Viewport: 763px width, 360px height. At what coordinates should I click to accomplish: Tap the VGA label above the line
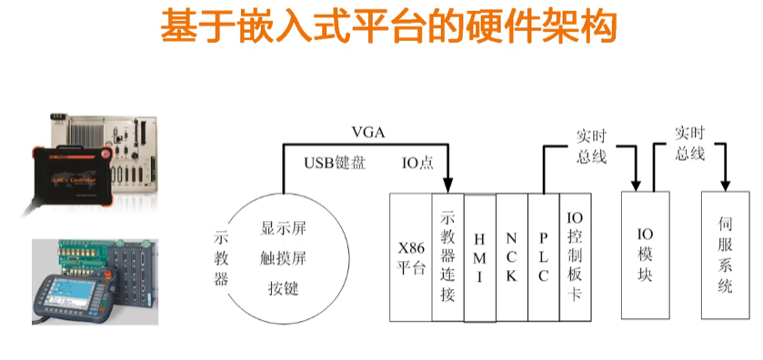point(368,133)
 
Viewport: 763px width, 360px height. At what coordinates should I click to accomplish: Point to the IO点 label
point(417,163)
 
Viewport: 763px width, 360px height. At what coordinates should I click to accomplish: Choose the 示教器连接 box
point(447,256)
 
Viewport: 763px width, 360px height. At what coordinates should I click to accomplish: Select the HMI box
point(479,256)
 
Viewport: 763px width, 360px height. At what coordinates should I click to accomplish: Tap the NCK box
point(511,256)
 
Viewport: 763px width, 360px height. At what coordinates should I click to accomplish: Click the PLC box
point(543,256)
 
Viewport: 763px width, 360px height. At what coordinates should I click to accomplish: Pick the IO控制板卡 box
point(575,256)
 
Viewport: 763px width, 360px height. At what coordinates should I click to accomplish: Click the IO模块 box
point(645,255)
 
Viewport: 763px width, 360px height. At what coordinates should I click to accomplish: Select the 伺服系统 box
point(725,255)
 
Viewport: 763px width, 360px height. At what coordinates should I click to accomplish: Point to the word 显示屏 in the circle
point(283,228)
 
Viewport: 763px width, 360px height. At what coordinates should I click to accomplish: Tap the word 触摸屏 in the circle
point(283,258)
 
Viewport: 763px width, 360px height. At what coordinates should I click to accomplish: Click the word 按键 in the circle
point(283,288)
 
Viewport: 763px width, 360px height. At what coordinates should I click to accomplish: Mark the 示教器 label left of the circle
point(221,256)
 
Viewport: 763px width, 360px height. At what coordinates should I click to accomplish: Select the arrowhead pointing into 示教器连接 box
point(448,183)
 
